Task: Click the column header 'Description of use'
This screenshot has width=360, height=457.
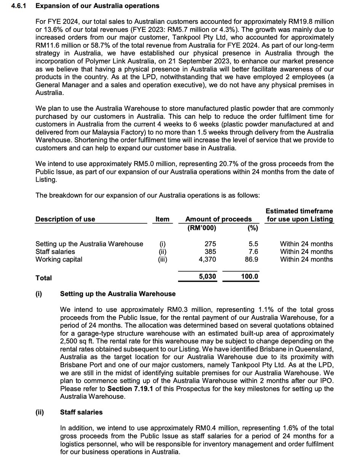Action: tap(65, 219)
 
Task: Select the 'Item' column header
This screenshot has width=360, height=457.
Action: tap(162, 219)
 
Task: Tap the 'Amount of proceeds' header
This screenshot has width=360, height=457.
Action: tap(218, 219)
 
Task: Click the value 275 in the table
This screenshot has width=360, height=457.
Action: tap(210, 244)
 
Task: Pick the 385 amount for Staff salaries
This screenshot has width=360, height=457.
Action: tap(210, 251)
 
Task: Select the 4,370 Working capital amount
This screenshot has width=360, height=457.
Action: tap(208, 259)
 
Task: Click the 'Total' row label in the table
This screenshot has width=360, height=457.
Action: tap(43, 278)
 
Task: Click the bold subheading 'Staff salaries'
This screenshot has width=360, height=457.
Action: tap(81, 412)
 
